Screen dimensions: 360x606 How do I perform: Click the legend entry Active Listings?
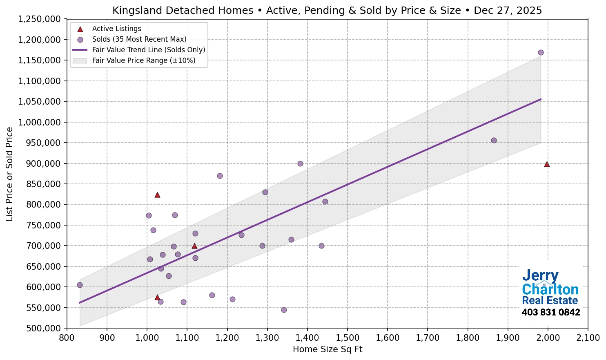[116, 29]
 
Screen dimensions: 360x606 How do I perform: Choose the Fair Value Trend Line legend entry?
[148, 50]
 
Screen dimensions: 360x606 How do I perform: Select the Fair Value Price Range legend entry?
[143, 60]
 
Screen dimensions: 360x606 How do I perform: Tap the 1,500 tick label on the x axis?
[348, 338]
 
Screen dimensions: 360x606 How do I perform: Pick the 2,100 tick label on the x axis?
[588, 338]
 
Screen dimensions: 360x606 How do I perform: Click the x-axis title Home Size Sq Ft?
[328, 349]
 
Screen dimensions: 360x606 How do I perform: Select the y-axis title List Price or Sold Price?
[9, 174]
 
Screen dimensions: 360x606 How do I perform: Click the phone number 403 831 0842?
[551, 313]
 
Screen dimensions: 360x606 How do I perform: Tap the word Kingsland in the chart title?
[137, 11]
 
